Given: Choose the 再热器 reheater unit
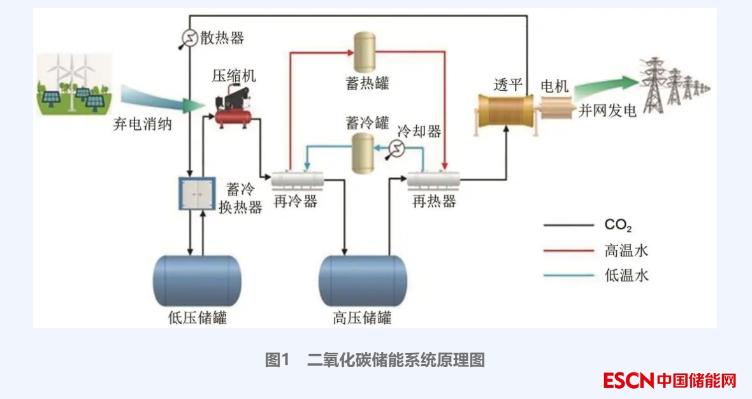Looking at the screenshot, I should (x=434, y=181).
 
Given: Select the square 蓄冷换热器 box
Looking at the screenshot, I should (x=196, y=193).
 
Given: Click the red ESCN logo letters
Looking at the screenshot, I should (x=628, y=381).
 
